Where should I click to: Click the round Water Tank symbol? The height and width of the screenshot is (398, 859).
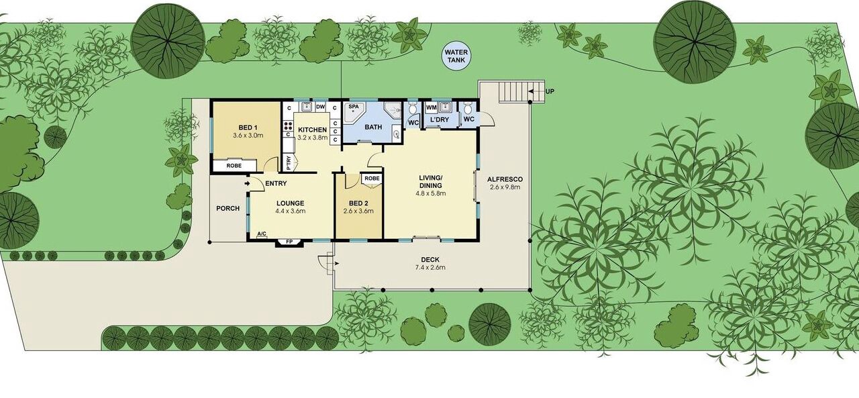click(456, 56)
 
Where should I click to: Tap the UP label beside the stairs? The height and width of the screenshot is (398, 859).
click(550, 92)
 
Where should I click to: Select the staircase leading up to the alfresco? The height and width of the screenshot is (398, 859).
click(521, 91)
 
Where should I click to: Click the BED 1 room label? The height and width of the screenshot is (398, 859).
click(248, 128)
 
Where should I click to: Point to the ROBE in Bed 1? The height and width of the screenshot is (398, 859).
click(234, 166)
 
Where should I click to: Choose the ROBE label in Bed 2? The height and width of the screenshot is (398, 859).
click(372, 179)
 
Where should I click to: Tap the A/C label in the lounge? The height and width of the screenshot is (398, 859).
click(262, 234)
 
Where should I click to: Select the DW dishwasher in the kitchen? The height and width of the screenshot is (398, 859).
click(321, 107)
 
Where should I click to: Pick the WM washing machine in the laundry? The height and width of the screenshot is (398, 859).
click(431, 108)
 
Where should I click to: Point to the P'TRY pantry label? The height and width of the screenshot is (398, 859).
click(289, 162)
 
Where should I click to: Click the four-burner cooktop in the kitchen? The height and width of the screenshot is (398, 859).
click(288, 126)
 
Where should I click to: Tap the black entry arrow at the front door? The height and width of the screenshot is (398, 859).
click(248, 184)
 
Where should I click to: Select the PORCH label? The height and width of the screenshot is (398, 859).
click(228, 208)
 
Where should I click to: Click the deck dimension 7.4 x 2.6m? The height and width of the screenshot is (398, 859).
click(430, 268)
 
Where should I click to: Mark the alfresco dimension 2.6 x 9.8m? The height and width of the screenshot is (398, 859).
click(505, 187)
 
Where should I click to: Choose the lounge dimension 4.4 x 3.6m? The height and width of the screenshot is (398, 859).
click(291, 211)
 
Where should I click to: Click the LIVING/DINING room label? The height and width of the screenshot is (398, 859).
click(431, 181)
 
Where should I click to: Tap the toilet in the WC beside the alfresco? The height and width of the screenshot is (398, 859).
click(467, 109)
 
